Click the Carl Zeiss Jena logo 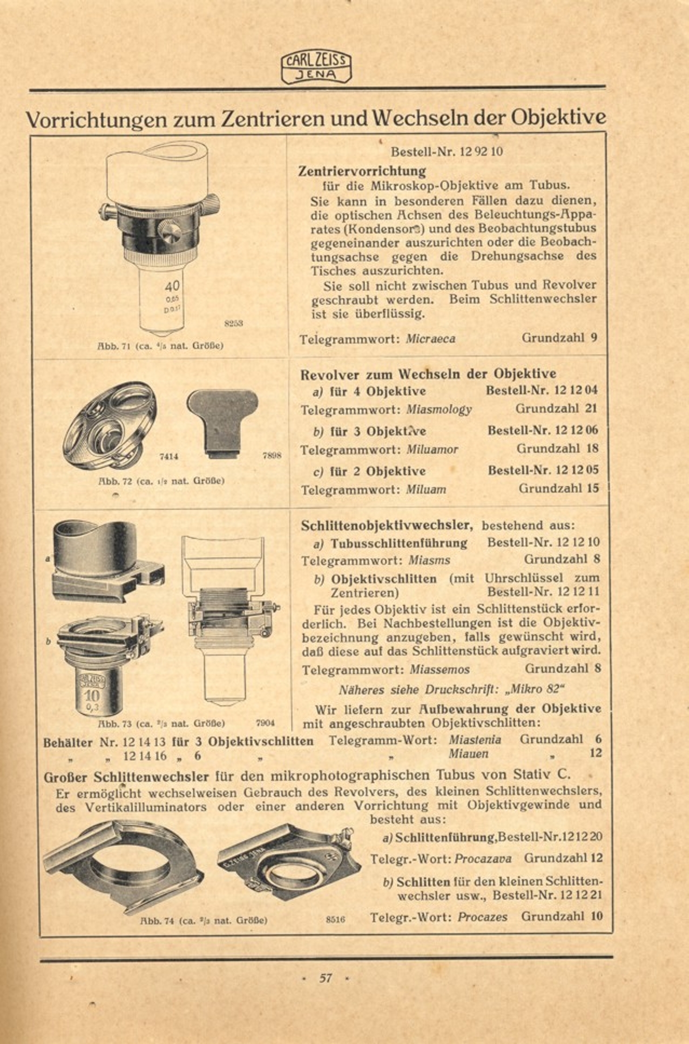point(316,67)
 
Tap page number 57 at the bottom point(326,978)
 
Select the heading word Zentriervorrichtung point(362,171)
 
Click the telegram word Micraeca point(430,339)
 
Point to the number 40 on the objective point(171,286)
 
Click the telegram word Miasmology point(438,410)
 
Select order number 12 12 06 point(577,430)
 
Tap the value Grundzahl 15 point(559,489)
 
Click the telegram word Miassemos point(440,670)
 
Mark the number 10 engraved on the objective point(92,696)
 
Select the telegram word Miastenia point(475,740)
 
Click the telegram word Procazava point(483,858)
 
